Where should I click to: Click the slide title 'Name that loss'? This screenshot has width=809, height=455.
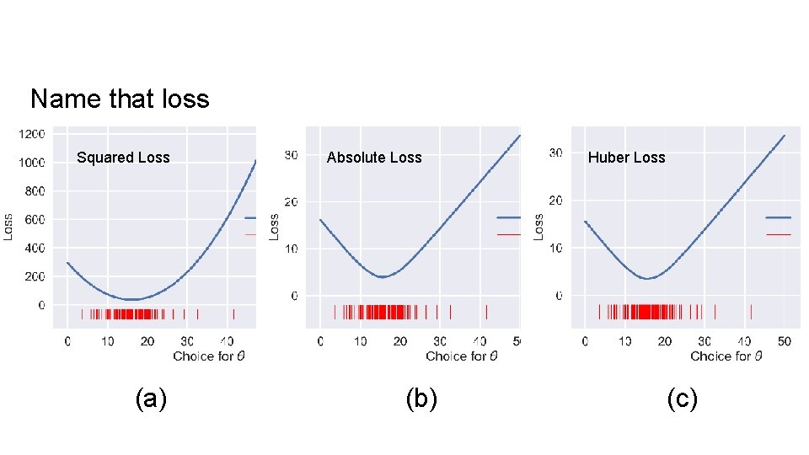click(x=120, y=99)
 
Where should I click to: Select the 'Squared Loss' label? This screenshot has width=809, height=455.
click(x=123, y=158)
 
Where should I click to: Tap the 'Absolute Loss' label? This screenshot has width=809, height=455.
click(x=374, y=158)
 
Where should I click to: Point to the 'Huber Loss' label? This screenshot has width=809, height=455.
click(x=626, y=158)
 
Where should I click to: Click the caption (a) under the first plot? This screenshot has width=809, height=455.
click(x=152, y=399)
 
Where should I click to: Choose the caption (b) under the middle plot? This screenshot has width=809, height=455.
click(x=421, y=399)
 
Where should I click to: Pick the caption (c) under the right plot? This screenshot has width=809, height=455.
click(x=682, y=399)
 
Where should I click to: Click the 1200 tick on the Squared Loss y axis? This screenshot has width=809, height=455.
click(x=33, y=134)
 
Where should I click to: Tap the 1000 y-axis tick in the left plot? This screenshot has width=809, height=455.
click(x=33, y=163)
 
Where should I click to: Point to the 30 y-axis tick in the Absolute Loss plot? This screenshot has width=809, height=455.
click(x=290, y=155)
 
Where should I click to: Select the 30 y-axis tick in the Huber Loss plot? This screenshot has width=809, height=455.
click(x=555, y=153)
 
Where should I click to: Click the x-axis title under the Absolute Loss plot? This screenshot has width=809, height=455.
click(x=461, y=356)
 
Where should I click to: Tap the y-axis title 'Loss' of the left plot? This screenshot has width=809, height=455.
click(x=8, y=225)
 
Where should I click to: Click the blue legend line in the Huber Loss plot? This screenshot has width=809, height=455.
click(x=778, y=217)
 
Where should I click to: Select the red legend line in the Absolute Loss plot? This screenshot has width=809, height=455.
click(x=509, y=234)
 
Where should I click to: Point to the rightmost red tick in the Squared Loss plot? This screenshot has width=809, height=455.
click(x=233, y=314)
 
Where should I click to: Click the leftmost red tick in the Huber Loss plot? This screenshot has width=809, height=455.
click(x=599, y=312)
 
